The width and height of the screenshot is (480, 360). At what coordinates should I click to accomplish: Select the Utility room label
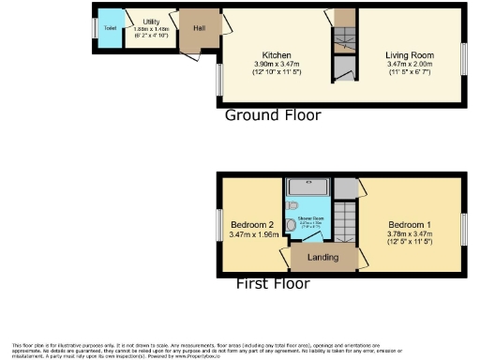[x=151, y=20]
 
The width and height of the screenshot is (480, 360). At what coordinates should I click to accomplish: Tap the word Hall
[x=200, y=28]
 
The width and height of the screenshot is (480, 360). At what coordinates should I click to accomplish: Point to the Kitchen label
[x=277, y=55]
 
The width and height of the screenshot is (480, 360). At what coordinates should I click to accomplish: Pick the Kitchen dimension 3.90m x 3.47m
[x=277, y=64]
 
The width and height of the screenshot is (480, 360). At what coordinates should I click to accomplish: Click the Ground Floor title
[x=273, y=115]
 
